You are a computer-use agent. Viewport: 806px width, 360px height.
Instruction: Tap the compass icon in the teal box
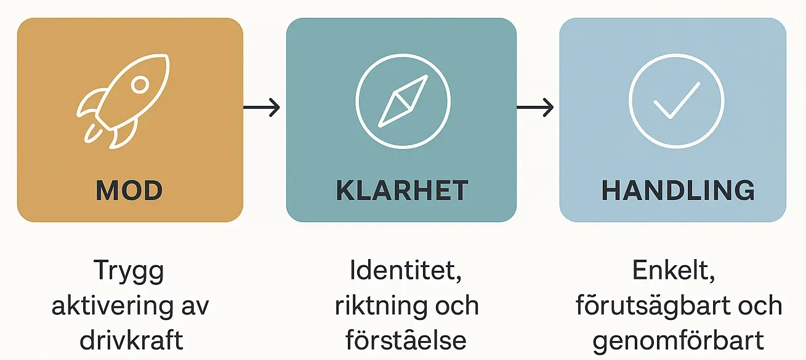(403, 100)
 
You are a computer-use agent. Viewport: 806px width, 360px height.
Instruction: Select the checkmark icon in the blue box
(675, 100)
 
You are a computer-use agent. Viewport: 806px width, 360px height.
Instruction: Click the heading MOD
(129, 191)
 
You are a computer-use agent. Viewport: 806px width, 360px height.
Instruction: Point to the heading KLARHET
(402, 191)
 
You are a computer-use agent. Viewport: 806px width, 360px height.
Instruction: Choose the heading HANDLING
(678, 191)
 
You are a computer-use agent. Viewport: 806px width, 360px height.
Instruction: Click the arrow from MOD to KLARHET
(262, 108)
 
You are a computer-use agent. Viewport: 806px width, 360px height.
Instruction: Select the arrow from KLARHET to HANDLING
(535, 108)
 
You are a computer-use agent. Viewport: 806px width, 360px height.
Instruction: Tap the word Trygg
(129, 271)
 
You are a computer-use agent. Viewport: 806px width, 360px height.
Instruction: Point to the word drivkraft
(129, 340)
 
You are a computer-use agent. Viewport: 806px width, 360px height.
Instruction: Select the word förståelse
(406, 340)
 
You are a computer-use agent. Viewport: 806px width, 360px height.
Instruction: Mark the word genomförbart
(678, 340)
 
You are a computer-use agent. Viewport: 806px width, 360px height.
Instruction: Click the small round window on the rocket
(140, 84)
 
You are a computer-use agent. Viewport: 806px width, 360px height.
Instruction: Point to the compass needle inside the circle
(403, 100)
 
